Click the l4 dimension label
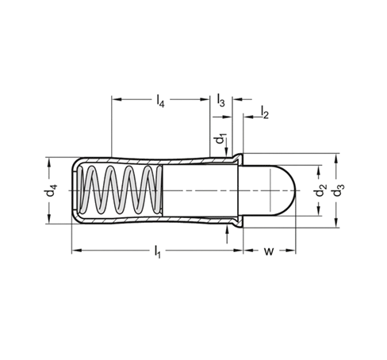pyautogui.click(x=160, y=101)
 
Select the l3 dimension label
pyautogui.click(x=220, y=100)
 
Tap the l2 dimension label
pyautogui.click(x=265, y=112)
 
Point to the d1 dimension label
pyautogui.click(x=220, y=139)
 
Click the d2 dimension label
pyautogui.click(x=321, y=190)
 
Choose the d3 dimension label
pyautogui.click(x=339, y=190)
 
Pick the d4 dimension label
pyautogui.click(x=51, y=190)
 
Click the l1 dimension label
pyautogui.click(x=157, y=251)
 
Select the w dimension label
pyautogui.click(x=269, y=251)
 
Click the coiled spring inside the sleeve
pyautogui.click(x=121, y=190)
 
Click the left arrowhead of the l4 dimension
pyautogui.click(x=117, y=99)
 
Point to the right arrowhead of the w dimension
pyautogui.click(x=290, y=251)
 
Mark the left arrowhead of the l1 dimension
pyautogui.click(x=77, y=251)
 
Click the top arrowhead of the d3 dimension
pyautogui.click(x=336, y=159)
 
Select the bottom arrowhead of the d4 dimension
pyautogui.click(x=49, y=219)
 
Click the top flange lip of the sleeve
pyautogui.click(x=238, y=158)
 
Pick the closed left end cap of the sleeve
pyautogui.click(x=75, y=190)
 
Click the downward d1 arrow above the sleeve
pyautogui.click(x=227, y=150)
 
